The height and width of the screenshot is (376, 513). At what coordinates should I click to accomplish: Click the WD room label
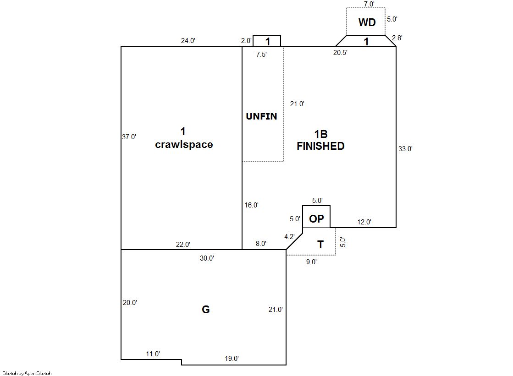tap(367, 22)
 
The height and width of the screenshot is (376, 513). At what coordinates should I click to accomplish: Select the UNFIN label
tap(261, 116)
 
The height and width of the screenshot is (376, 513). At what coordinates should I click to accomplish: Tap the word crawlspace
tap(184, 145)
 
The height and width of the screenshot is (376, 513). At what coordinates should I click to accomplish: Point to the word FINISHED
tap(320, 146)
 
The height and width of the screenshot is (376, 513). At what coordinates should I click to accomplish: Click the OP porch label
tap(316, 219)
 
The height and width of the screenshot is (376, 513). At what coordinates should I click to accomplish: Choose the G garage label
tap(206, 310)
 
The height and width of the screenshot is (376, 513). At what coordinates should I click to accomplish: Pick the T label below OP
tap(320, 245)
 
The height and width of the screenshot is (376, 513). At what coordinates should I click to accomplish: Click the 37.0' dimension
tap(129, 136)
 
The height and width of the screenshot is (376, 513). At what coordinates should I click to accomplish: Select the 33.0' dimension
tap(405, 148)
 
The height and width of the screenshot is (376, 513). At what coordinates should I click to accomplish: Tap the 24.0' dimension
tap(188, 40)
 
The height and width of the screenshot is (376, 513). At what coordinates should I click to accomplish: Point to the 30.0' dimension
tap(207, 258)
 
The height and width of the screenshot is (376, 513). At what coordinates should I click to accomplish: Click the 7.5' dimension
tap(262, 54)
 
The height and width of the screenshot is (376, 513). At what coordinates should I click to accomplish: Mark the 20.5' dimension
tap(340, 53)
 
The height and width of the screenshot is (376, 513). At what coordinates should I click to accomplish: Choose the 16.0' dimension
tap(251, 205)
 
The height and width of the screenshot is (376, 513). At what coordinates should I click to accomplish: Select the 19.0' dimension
tap(232, 359)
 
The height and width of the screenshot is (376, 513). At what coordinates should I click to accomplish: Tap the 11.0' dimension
tap(153, 354)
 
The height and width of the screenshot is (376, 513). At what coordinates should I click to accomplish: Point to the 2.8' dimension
tap(396, 38)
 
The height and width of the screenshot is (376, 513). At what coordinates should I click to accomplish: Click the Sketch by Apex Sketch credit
tap(27, 373)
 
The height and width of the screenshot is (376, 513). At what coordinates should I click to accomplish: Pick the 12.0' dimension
tap(364, 222)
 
